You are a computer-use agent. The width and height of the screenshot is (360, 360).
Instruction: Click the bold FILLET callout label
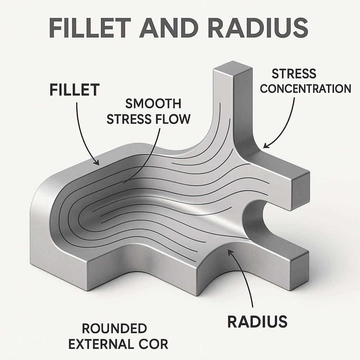[74, 90]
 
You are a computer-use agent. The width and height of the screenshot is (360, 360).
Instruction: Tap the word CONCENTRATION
[306, 88]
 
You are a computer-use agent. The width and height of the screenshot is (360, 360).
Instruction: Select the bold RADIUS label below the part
[257, 322]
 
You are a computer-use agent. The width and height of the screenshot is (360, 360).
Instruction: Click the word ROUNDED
[114, 329]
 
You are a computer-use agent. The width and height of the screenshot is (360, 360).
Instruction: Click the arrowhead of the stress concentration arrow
[265, 146]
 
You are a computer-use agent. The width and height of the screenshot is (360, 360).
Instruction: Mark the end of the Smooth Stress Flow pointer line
[124, 183]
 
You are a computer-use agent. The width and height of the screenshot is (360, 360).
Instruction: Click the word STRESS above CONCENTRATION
[294, 74]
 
